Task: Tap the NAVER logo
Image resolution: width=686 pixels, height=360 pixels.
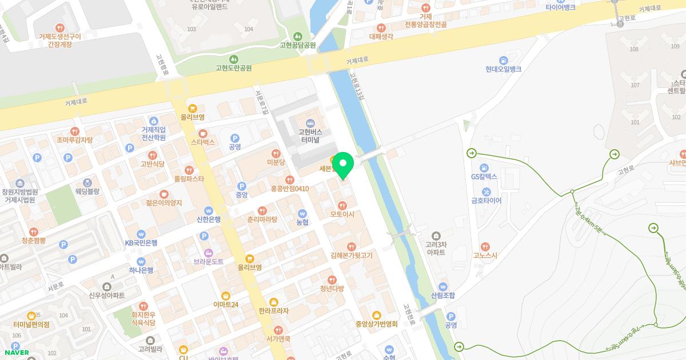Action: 16,352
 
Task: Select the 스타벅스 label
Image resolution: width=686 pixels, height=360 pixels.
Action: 202,142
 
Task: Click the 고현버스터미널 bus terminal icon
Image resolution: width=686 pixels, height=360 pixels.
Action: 310,122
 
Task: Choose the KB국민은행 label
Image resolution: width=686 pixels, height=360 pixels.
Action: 141,243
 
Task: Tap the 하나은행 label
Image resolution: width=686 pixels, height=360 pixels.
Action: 141,270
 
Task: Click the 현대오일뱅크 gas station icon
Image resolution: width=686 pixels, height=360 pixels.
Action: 503,59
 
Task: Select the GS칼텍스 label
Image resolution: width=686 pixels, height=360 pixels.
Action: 484,177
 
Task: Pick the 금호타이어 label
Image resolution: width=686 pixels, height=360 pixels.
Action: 486,201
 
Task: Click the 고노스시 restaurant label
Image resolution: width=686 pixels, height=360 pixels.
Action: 485,255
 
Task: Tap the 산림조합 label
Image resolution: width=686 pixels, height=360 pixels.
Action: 443,295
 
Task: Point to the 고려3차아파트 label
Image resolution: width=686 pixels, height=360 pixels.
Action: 436,247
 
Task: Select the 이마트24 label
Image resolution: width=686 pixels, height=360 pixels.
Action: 225,305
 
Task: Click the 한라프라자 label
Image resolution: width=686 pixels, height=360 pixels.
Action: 273,311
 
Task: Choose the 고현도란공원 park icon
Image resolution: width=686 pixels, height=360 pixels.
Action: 234,59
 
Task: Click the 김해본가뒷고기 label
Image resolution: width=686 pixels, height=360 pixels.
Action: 351,255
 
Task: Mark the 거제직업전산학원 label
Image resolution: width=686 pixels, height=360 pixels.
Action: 153,133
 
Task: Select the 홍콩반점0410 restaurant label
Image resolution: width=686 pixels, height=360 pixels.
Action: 289,189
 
